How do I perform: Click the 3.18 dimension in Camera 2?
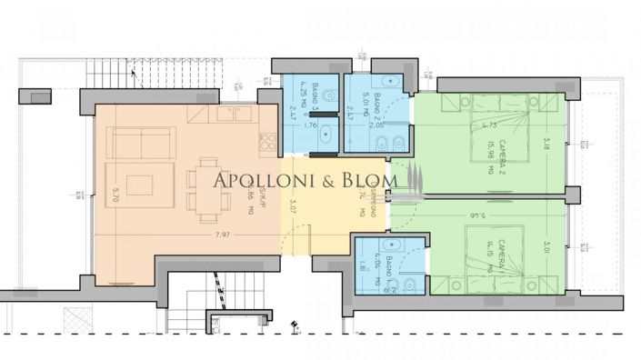546,143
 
